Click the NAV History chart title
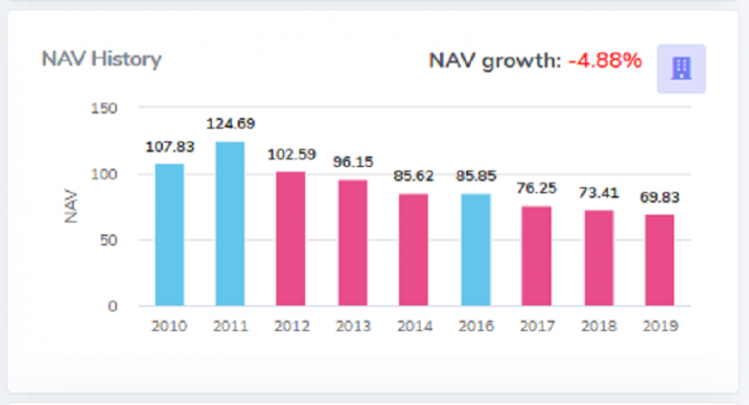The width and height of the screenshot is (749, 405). coord(100,59)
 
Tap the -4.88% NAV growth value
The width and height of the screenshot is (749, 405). coord(605,61)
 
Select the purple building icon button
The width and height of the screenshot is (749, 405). coord(681,68)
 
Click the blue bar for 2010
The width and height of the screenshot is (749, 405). coord(169,234)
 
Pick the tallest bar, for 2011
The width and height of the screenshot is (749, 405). coord(230,223)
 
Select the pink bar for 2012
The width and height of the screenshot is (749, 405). coord(291,238)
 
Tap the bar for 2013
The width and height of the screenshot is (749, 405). coord(353,242)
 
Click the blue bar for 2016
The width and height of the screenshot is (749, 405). coord(476,249)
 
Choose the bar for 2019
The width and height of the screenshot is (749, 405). coord(659,260)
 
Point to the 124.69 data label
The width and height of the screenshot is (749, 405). coord(230,124)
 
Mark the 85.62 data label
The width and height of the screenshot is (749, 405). coord(414,176)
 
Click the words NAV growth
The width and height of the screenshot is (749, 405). coord(494,61)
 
